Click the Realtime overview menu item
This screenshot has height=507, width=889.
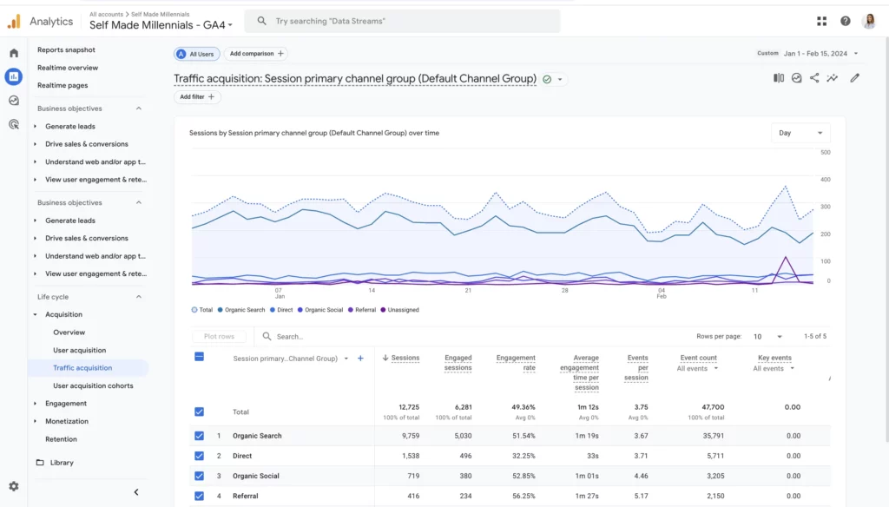coord(68,68)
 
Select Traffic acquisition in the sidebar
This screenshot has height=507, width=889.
coord(82,368)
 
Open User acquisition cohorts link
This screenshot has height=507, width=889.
coord(93,385)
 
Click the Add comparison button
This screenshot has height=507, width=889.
coord(256,54)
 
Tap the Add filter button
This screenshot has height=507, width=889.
coord(197,97)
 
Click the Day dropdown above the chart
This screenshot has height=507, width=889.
coord(800,133)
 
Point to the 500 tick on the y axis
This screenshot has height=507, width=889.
coord(825,152)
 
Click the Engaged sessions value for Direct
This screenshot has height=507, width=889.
coord(463,456)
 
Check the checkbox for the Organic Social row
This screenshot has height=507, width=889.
coord(200,476)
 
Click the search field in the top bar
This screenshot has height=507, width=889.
coord(402,21)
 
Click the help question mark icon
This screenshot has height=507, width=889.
coord(846,21)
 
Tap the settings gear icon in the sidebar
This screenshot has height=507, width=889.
coord(14,486)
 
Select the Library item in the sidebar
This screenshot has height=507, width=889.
coord(62,463)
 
